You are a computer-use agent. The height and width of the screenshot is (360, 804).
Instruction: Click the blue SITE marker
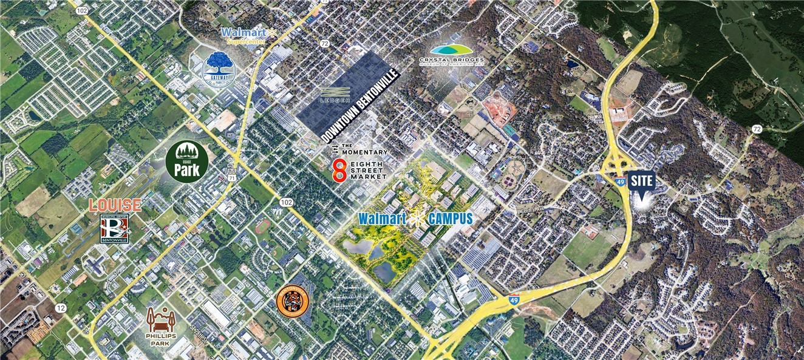pyautogui.click(x=642, y=183)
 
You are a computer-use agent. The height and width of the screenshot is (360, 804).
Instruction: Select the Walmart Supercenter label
pyautogui.click(x=248, y=36)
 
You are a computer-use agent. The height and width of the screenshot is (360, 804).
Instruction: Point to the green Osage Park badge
pyautogui.click(x=187, y=162)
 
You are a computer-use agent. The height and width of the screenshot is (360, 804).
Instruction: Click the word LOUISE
pyautogui.click(x=115, y=205)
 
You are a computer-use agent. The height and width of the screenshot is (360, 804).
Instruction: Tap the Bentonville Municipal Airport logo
pyautogui.click(x=114, y=228)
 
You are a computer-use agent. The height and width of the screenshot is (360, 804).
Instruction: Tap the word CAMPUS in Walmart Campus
pyautogui.click(x=449, y=219)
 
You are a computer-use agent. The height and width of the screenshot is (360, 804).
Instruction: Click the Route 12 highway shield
pyautogui.click(x=60, y=308)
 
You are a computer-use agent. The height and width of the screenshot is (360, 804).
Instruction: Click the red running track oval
pyautogui.click(x=263, y=225)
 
